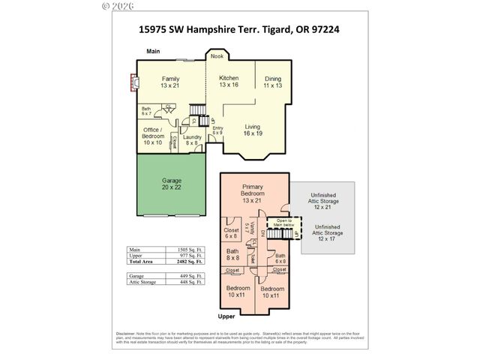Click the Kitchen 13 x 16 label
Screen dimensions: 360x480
pos(229,82)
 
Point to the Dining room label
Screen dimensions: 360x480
pos(272,82)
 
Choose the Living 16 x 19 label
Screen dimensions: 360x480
pos(252,130)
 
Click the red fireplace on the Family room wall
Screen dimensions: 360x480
pos(133,81)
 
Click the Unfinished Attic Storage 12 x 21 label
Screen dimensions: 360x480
pos(324,202)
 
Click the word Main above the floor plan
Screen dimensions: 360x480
pos(154,51)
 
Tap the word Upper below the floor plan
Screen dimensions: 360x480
pos(226,316)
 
